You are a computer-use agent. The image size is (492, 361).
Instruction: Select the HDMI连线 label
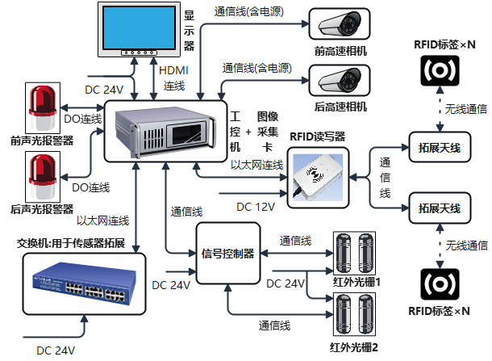[174, 78]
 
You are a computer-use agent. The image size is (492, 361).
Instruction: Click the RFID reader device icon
[317, 176]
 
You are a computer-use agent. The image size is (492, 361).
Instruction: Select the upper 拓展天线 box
[439, 148]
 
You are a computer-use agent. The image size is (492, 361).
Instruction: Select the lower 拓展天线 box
[439, 208]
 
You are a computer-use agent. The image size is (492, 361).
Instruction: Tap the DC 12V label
[256, 208]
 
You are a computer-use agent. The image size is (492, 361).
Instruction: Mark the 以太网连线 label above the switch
[103, 220]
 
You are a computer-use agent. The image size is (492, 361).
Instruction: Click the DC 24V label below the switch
[56, 351]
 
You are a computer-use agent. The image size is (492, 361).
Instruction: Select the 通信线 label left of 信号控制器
[186, 211]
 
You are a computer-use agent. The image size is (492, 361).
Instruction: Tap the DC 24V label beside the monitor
[104, 90]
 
